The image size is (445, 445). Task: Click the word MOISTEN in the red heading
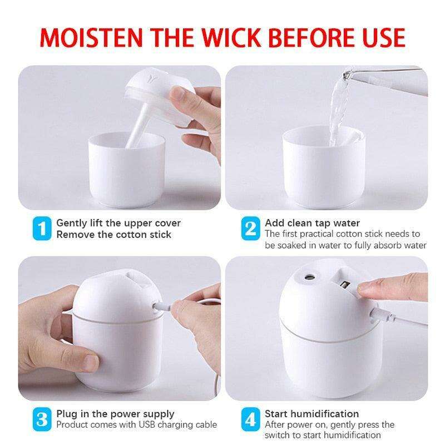click(x=91, y=38)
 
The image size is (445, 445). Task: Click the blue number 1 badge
click(x=42, y=229)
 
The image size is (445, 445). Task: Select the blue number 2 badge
click(x=251, y=229)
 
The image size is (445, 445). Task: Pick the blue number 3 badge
click(x=42, y=419)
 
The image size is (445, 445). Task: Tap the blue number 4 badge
click(x=251, y=419)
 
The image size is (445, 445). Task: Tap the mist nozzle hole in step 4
click(x=309, y=276)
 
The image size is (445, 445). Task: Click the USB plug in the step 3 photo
click(x=162, y=307)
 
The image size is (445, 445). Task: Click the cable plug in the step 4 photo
click(x=382, y=315)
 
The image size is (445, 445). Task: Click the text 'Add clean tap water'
click(x=312, y=223)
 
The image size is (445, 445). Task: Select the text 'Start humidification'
click(x=311, y=414)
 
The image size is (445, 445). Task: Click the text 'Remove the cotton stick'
click(x=113, y=235)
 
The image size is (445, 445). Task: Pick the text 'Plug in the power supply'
click(x=115, y=414)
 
